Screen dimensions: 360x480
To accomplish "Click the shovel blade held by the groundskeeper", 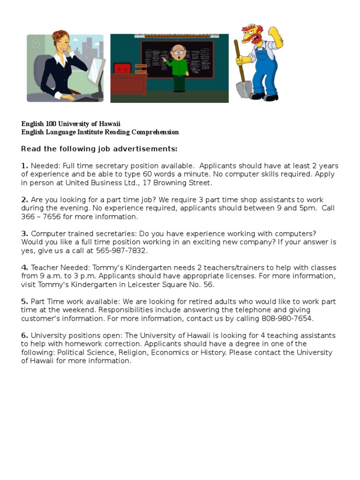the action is pyautogui.click(x=244, y=89).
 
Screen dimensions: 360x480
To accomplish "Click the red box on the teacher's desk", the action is pyautogui.click(x=122, y=68).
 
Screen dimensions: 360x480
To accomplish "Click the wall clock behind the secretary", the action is pyautogui.click(x=36, y=44).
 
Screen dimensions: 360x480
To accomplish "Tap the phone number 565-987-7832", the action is pyautogui.click(x=121, y=250).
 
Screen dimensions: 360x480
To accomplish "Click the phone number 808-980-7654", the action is pyautogui.click(x=286, y=318).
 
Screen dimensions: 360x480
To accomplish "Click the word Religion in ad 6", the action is pyautogui.click(x=134, y=352).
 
